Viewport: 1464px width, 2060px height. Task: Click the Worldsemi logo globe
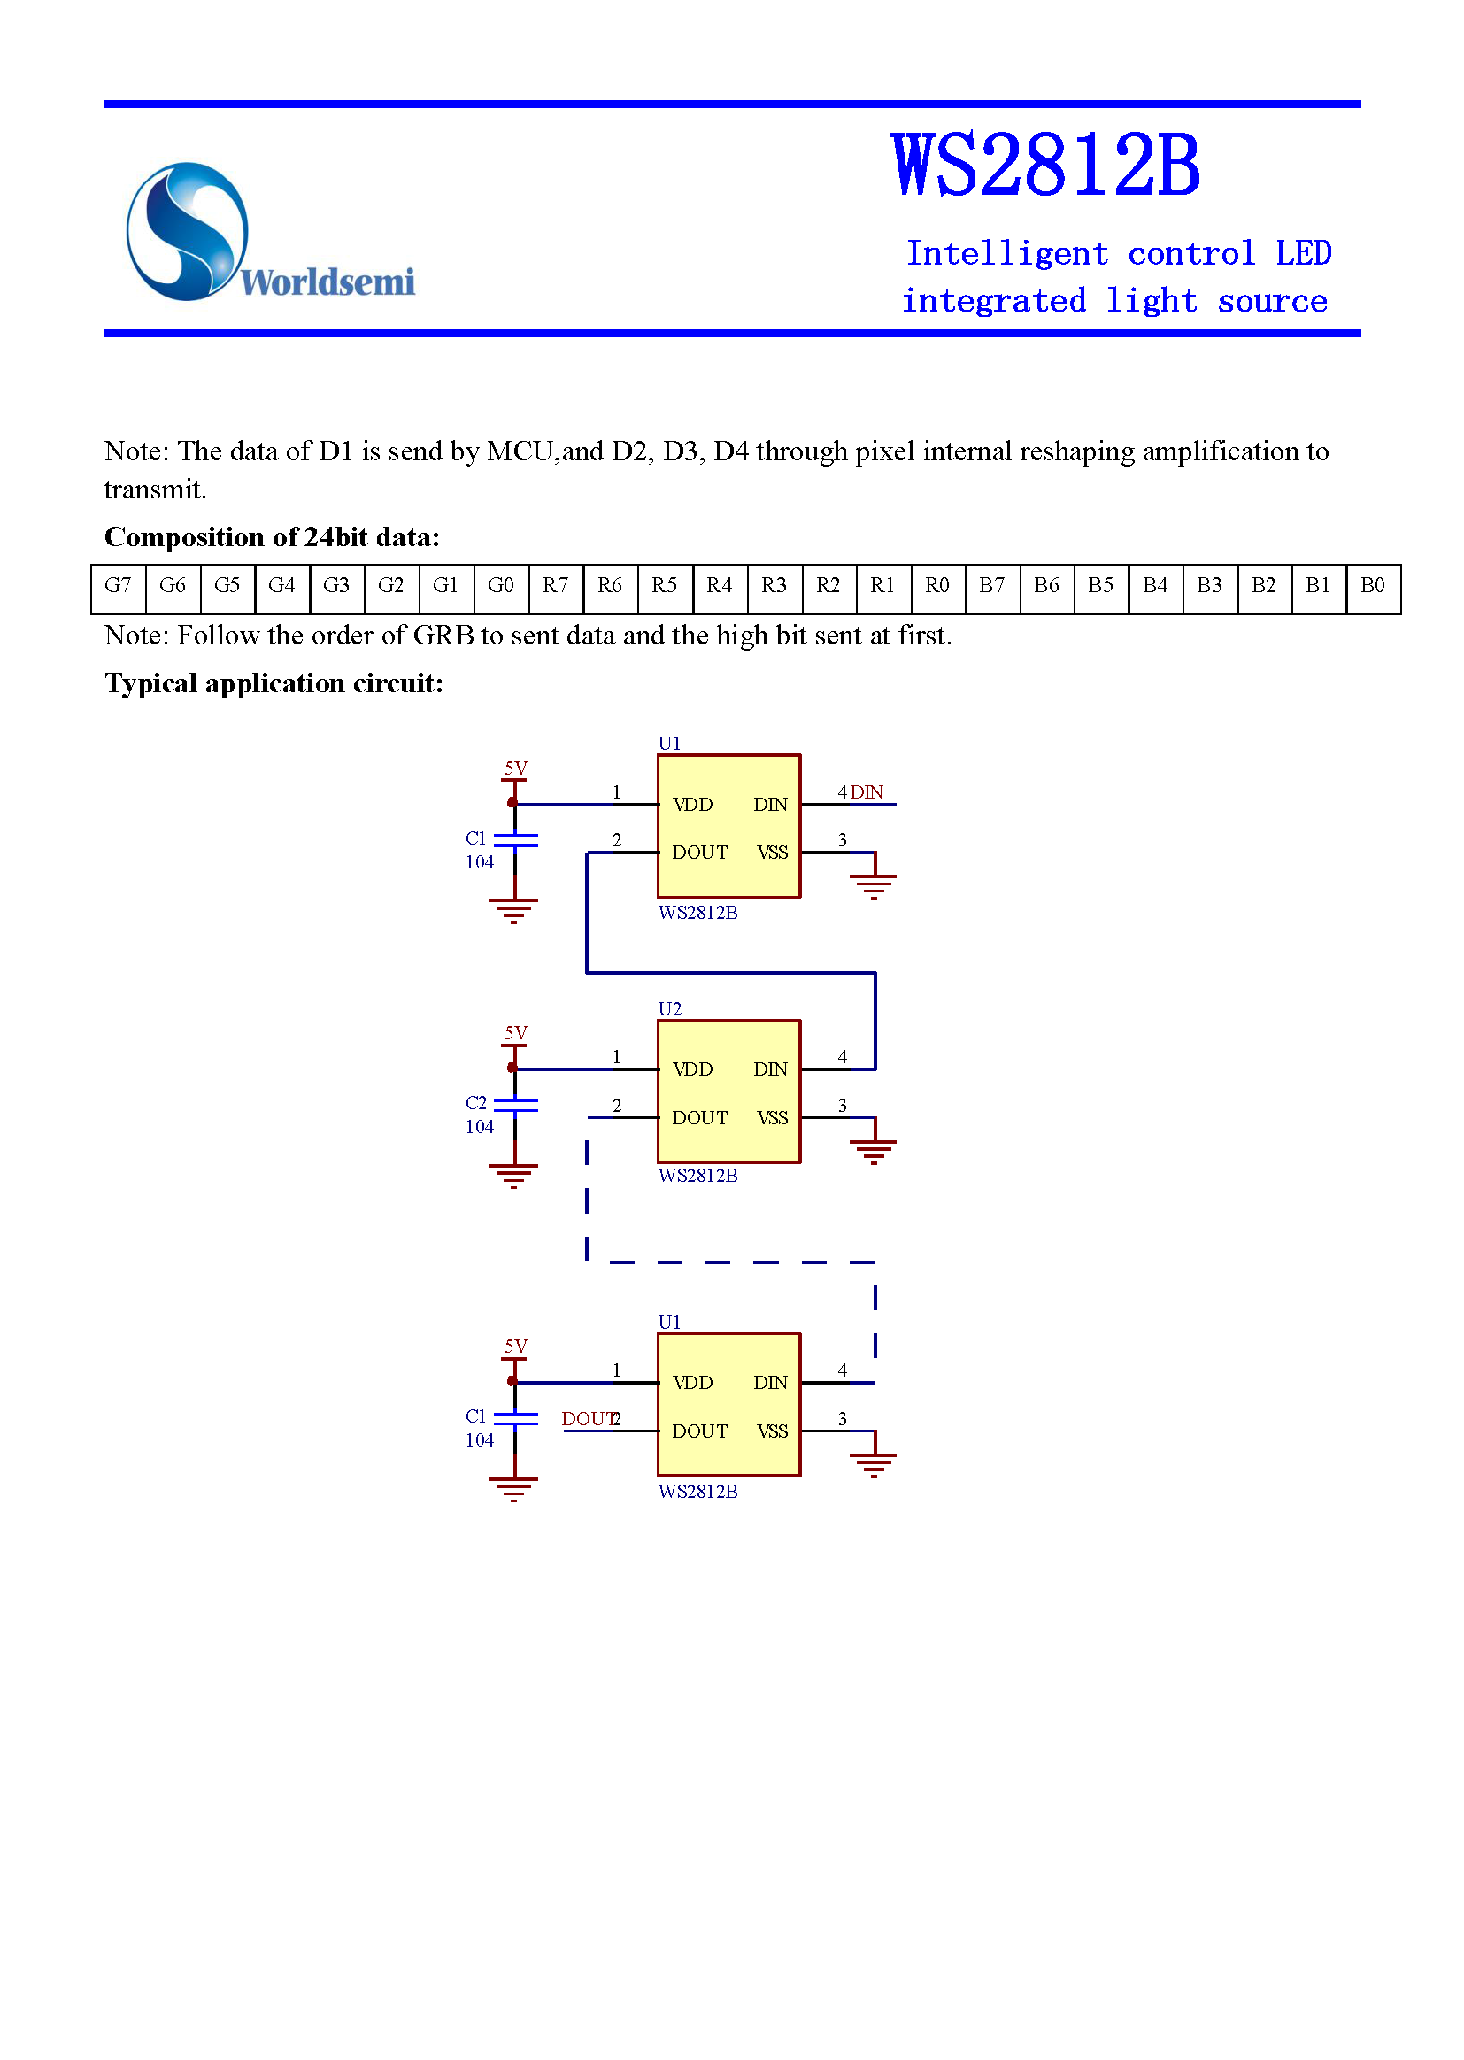(x=188, y=231)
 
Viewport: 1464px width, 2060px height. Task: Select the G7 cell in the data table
(x=118, y=586)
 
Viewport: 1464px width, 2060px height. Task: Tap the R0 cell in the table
(x=936, y=586)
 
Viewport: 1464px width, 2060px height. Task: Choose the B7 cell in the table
(x=991, y=586)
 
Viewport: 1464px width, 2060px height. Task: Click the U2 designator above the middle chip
(x=670, y=1009)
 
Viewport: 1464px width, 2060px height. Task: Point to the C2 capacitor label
(x=476, y=1103)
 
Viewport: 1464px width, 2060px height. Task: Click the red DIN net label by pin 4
(x=867, y=792)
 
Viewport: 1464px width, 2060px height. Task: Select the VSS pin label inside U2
(x=773, y=1118)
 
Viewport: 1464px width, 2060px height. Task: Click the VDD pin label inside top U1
(x=692, y=805)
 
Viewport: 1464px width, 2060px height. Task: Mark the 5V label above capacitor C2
(x=516, y=1033)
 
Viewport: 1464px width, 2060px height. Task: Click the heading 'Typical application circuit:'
(x=274, y=683)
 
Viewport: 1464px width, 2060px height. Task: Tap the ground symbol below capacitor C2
(x=514, y=1176)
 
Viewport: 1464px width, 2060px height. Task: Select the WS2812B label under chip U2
(x=697, y=1176)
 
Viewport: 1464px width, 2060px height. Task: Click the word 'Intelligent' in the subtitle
(x=1006, y=254)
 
